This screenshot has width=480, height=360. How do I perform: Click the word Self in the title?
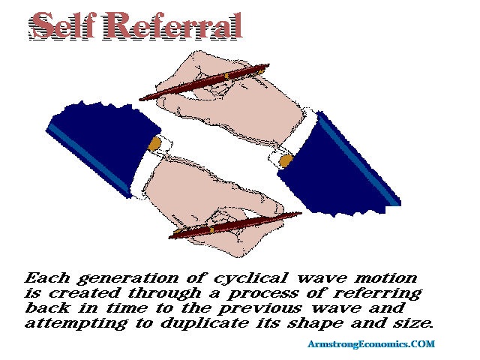click(61, 25)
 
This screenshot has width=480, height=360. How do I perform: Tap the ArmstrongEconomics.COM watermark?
click(371, 343)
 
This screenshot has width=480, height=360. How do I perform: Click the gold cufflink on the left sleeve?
click(154, 144)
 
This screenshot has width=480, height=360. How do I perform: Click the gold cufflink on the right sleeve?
click(286, 160)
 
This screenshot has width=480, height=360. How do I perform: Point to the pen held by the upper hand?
click(204, 82)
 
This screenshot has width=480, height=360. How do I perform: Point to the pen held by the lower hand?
click(235, 226)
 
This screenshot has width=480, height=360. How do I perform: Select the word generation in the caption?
click(127, 279)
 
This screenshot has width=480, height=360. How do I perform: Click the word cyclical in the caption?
click(250, 279)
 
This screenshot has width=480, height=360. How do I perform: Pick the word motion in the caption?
click(386, 278)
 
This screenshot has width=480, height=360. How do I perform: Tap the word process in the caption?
click(262, 294)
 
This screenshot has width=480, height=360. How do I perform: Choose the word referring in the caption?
click(377, 294)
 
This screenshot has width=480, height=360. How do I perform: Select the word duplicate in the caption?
click(205, 323)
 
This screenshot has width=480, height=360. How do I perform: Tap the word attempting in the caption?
click(76, 324)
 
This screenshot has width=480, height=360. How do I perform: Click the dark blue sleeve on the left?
click(101, 144)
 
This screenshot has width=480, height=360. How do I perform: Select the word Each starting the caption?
click(47, 278)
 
